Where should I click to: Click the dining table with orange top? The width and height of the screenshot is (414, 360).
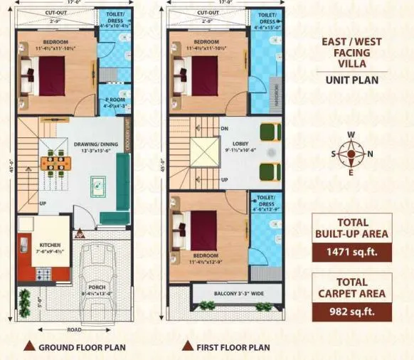pyautogui.click(x=55, y=162)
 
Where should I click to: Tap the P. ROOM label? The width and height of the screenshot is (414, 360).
pyautogui.click(x=115, y=102)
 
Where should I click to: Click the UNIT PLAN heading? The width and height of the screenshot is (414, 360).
pyautogui.click(x=351, y=80)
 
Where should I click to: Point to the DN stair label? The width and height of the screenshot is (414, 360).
pyautogui.click(x=224, y=129)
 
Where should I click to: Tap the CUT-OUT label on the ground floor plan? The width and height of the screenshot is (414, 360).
pyautogui.click(x=56, y=12)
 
